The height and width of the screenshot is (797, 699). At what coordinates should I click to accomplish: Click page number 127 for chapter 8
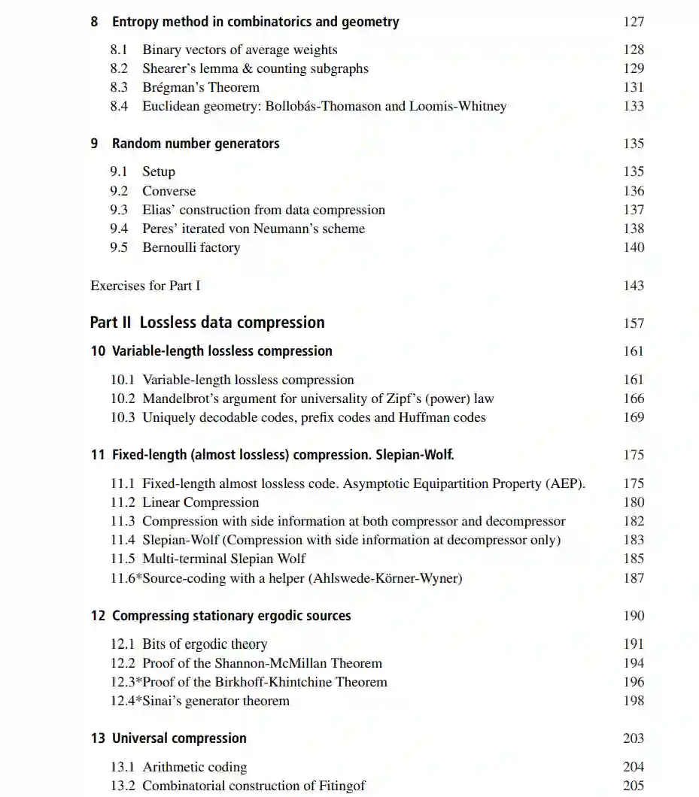(x=634, y=22)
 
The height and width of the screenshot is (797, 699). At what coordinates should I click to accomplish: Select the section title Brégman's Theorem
(x=201, y=87)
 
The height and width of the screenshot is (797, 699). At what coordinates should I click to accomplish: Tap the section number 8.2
(x=119, y=68)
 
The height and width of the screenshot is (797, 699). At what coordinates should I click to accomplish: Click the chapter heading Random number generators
(x=196, y=144)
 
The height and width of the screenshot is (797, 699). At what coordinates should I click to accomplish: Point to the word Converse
(x=169, y=191)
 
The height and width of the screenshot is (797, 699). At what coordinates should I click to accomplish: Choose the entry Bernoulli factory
(x=191, y=247)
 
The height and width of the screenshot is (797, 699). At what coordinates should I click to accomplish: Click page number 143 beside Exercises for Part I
(x=634, y=286)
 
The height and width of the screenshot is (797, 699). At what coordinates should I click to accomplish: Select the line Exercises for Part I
(x=145, y=286)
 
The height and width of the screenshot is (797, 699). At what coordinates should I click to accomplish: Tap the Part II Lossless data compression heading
(x=207, y=323)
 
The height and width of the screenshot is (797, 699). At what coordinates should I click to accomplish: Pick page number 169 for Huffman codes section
(x=634, y=417)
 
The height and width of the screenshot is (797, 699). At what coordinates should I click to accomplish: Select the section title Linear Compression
(x=200, y=502)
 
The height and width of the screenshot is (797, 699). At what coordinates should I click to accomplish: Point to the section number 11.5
(x=123, y=559)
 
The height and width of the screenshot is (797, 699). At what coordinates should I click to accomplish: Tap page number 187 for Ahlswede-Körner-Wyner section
(x=634, y=578)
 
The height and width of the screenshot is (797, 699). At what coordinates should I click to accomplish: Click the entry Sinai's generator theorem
(x=216, y=701)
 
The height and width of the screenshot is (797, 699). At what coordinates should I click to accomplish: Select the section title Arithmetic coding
(x=195, y=767)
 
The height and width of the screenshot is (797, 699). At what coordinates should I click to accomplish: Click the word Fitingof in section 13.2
(x=337, y=786)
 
